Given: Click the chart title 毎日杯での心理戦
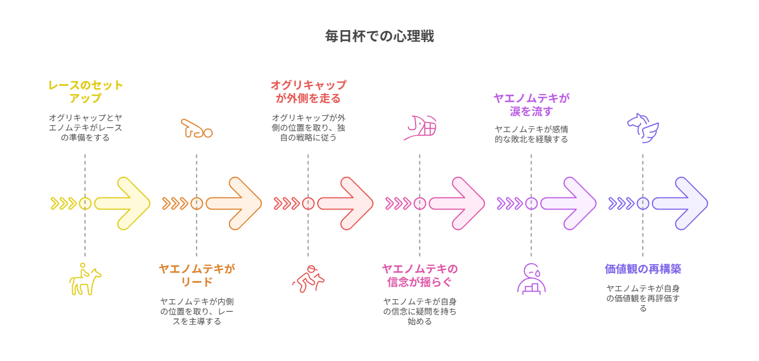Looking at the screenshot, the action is tap(379, 36).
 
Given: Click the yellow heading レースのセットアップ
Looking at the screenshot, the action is tap(85, 91).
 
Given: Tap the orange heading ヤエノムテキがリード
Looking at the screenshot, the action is tap(197, 275).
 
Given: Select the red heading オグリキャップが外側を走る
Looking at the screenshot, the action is tap(308, 91).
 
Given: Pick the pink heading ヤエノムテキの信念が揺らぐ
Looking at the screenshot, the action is tap(420, 275).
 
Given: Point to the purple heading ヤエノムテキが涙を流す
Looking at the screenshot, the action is tap(532, 104).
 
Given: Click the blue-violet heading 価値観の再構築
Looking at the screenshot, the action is tap(643, 269).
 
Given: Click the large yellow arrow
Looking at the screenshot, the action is tap(122, 203).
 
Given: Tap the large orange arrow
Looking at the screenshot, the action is tap(234, 203).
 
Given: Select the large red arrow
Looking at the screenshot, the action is tap(345, 203).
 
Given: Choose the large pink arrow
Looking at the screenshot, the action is tap(457, 203).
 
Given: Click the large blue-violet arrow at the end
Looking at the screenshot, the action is tap(680, 203).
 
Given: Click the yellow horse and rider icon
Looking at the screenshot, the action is tap(85, 279).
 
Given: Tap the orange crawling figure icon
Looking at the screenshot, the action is tap(196, 129).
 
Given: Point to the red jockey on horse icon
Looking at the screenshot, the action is tap(308, 278).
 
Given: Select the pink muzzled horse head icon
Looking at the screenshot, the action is tap(420, 128).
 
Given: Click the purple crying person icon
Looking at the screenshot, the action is tap(531, 280).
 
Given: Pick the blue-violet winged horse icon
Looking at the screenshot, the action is tap(643, 128).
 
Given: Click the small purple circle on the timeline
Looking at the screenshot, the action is tap(532, 203).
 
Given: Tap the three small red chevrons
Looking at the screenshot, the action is tap(287, 203).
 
